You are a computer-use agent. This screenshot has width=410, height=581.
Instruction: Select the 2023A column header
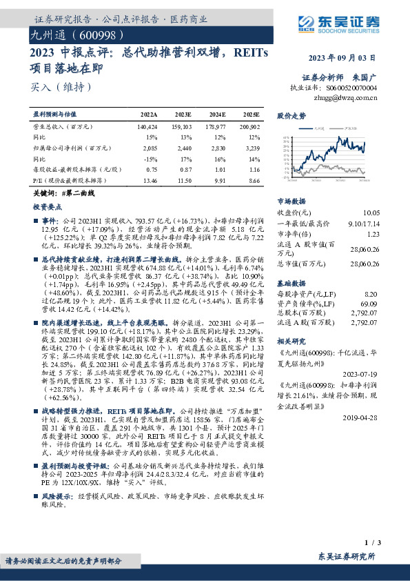[148, 115]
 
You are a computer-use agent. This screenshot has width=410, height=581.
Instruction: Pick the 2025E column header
[251, 115]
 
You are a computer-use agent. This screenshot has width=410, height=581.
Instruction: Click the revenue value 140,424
[147, 128]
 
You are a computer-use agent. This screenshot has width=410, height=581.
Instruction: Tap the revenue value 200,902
[249, 128]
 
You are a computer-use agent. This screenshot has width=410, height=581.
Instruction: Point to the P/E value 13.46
[148, 179]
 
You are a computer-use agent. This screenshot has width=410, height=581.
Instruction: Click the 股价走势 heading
[291, 116]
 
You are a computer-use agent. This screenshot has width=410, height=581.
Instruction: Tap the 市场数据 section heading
[291, 201]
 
